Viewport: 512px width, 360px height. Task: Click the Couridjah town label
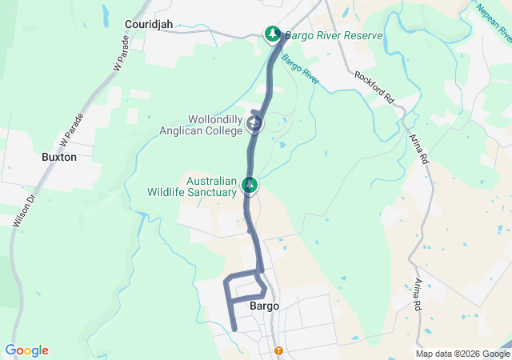pos(150,24)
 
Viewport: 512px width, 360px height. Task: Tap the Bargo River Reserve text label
pos(335,36)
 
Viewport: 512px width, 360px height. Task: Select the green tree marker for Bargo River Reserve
pos(273,34)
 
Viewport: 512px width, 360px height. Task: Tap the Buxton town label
pos(59,158)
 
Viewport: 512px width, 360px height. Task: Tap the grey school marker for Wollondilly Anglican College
pos(254,124)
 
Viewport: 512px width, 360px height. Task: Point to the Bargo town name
pos(264,306)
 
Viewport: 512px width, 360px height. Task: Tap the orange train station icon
pos(278,350)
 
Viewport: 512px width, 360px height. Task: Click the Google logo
pos(26,350)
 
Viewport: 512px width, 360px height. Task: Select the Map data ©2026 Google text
pos(462,354)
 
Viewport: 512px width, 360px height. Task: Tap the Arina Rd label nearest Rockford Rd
pos(419,148)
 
